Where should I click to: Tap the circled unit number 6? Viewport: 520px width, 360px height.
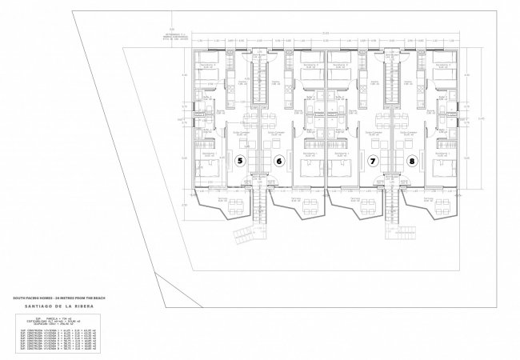point(279,161)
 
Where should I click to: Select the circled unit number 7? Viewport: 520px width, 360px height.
point(373,161)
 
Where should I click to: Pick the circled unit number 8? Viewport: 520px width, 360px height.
point(412,161)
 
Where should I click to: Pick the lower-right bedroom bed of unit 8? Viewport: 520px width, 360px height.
point(443,167)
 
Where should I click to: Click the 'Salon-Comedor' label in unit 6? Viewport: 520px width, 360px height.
point(275,134)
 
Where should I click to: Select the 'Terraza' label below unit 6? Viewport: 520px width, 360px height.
point(295,198)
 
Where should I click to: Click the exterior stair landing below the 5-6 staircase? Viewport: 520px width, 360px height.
point(243,238)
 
